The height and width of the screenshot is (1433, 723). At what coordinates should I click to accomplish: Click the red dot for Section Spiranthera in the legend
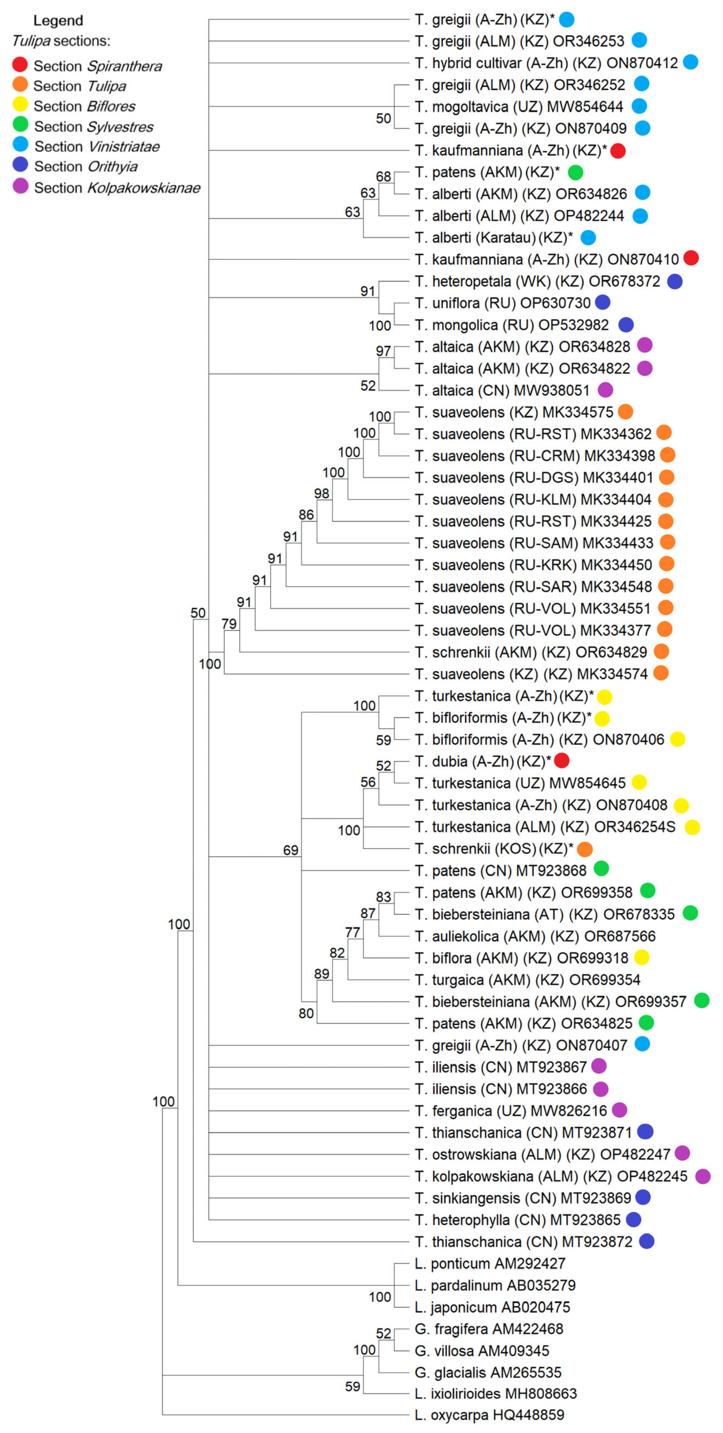(20, 65)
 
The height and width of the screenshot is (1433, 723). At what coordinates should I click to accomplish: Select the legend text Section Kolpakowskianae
(117, 188)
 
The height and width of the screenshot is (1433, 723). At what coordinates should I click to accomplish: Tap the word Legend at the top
(58, 21)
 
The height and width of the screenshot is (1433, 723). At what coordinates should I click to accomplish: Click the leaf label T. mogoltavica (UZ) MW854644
(519, 106)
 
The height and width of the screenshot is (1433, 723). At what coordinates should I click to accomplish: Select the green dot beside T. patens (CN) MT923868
(601, 868)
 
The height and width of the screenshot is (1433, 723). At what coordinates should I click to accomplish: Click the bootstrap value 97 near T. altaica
(383, 351)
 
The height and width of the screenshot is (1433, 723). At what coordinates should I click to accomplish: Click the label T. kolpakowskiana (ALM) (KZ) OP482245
(551, 1176)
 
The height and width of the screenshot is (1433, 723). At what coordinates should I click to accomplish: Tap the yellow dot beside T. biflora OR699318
(641, 957)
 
